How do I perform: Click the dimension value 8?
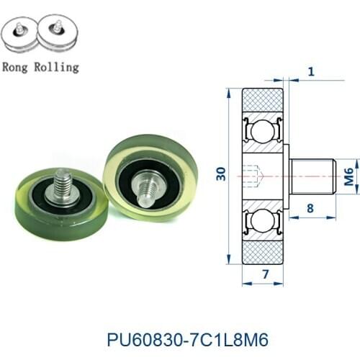(310, 209)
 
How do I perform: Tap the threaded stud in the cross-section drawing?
(312, 176)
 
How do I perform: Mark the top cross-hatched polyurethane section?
(263, 100)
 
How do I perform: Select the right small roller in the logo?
(55, 34)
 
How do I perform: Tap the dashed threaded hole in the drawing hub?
(254, 176)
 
